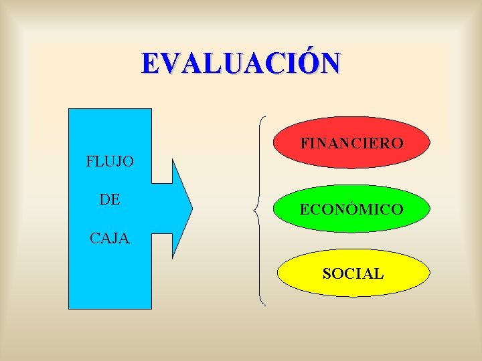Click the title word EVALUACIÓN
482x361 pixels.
(x=240, y=64)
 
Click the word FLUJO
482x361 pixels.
(x=110, y=161)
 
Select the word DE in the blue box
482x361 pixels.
(x=110, y=199)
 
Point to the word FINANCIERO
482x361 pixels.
(x=351, y=144)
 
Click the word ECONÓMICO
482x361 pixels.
(x=351, y=209)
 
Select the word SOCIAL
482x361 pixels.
(x=353, y=273)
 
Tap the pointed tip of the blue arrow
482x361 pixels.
(x=192, y=209)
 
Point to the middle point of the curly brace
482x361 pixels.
(x=255, y=211)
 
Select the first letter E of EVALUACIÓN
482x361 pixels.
(x=151, y=64)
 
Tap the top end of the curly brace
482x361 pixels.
(x=266, y=118)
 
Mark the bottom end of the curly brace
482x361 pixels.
(x=266, y=305)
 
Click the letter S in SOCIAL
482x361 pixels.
(x=327, y=273)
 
